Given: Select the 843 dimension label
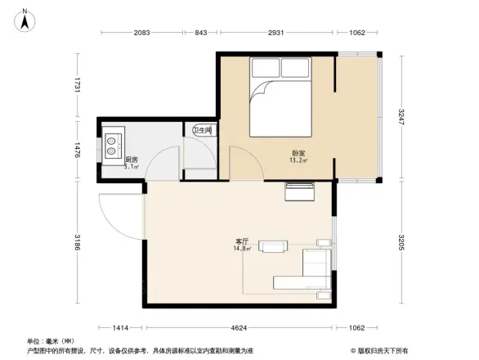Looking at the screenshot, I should click(200, 33).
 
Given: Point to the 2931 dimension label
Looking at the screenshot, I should click(276, 33).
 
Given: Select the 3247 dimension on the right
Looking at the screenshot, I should click(401, 118).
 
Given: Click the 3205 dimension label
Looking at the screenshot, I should click(401, 244).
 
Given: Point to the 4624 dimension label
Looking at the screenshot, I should click(238, 328).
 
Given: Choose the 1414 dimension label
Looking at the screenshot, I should click(121, 328).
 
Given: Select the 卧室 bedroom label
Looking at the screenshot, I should click(299, 154).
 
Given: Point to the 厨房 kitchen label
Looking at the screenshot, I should click(131, 161).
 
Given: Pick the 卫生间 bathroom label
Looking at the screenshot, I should click(203, 130).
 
